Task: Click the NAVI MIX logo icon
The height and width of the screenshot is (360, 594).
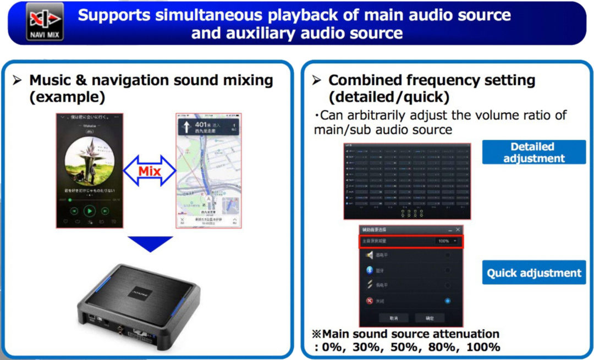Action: click(x=45, y=22)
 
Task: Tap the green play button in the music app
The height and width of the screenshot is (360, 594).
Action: click(x=89, y=210)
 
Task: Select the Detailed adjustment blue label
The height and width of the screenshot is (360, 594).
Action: click(x=533, y=152)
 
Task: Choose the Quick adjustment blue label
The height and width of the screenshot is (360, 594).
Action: click(x=533, y=273)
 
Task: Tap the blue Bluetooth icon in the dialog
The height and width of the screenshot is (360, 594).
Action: click(x=370, y=270)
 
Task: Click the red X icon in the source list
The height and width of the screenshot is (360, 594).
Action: click(x=370, y=301)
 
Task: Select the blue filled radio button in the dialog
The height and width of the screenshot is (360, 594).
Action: click(x=448, y=301)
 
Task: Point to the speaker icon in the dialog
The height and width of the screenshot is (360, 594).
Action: click(x=370, y=255)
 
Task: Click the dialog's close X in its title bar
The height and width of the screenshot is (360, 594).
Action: click(x=457, y=229)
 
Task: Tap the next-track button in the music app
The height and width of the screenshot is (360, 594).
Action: click(x=103, y=211)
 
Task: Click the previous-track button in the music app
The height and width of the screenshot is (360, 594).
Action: click(x=74, y=211)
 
